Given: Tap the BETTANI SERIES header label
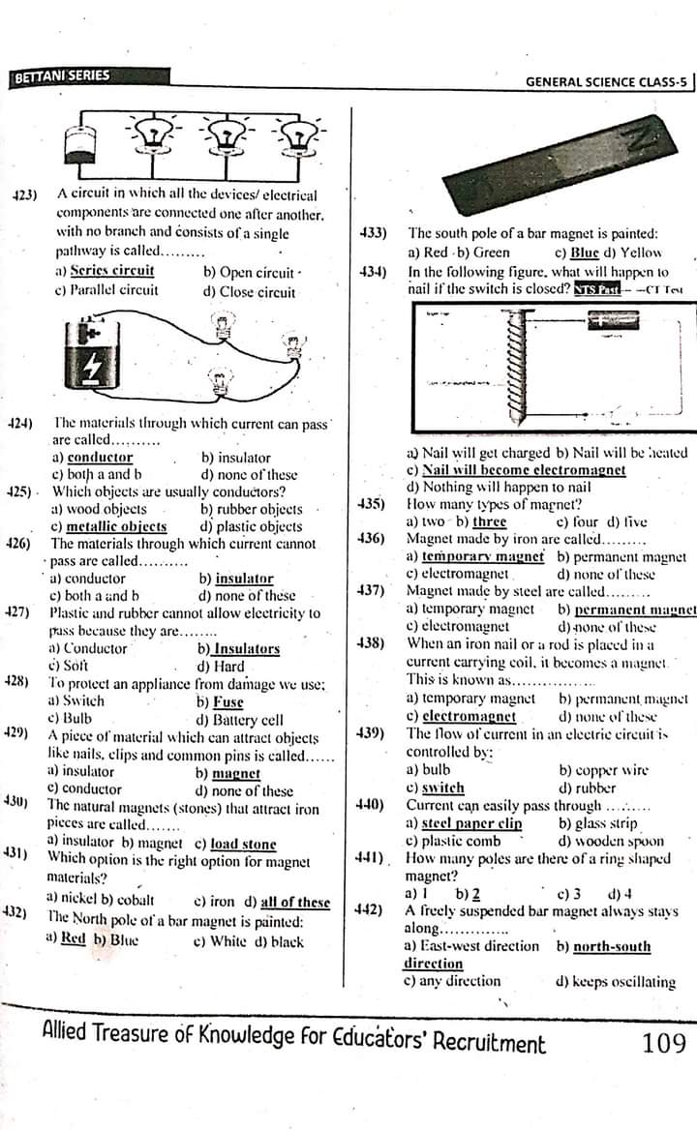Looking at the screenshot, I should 63,76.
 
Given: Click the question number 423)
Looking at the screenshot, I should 24,194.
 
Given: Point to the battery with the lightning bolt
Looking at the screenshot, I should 94,355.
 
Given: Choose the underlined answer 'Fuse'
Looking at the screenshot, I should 227,701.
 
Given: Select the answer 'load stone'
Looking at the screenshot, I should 243,844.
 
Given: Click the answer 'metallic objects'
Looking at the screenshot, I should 115,526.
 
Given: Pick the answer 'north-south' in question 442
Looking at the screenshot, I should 612,946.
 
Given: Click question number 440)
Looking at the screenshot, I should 369,805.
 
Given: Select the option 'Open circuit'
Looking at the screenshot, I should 248,272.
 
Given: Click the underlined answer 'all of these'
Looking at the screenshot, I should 295,903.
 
